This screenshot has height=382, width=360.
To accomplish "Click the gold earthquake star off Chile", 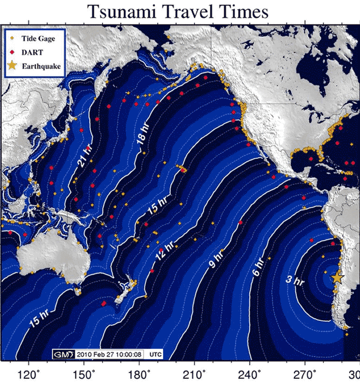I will click(337, 277).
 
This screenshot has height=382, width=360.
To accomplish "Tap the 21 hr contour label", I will click(84, 153).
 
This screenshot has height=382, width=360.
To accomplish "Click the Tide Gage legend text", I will click(36, 38).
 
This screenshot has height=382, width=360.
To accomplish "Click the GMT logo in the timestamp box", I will click(63, 354).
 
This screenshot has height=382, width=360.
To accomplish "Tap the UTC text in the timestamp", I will click(156, 355).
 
